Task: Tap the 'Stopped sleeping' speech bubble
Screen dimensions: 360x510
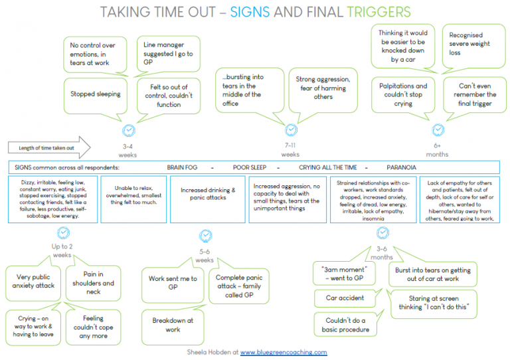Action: coord(96,94)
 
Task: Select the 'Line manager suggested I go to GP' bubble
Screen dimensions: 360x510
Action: coord(169,54)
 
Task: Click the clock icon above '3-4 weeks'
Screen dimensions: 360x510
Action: coord(129,130)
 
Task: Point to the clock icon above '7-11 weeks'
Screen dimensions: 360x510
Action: coord(290,130)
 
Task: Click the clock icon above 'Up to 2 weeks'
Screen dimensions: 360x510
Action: coord(63,232)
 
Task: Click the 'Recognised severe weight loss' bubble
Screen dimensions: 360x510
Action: coord(470,44)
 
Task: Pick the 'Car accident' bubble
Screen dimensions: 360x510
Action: coord(345,298)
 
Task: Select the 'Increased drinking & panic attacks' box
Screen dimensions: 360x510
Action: coord(207,194)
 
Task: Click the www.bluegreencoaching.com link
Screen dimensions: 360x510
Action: coord(284,352)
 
